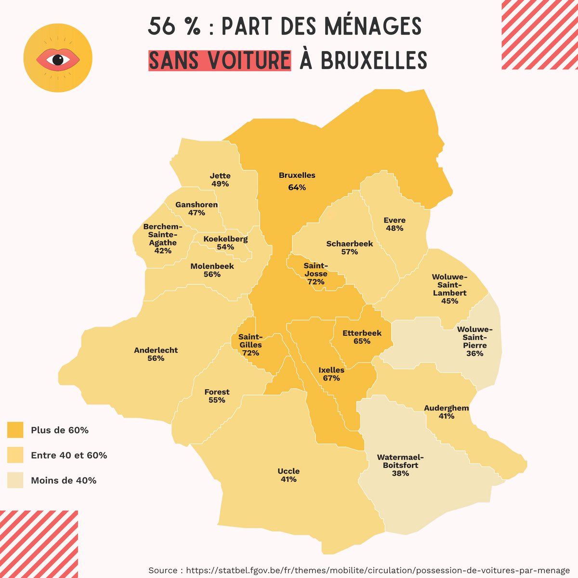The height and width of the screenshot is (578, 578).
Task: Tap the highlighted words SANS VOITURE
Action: click(x=220, y=60)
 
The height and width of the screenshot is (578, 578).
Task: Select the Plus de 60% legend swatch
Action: click(x=15, y=430)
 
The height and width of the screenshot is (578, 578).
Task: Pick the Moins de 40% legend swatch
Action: click(x=15, y=480)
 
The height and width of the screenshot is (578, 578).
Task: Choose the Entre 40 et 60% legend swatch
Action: click(x=15, y=455)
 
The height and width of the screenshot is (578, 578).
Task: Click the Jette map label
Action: click(x=220, y=176)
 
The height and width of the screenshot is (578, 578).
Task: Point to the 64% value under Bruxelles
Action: click(x=297, y=187)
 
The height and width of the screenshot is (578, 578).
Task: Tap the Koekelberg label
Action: click(x=225, y=239)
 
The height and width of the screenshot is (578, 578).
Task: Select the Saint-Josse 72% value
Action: click(x=316, y=282)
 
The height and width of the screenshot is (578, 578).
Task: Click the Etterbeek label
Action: click(x=362, y=333)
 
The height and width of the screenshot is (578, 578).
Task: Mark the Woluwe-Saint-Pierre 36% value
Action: click(x=474, y=353)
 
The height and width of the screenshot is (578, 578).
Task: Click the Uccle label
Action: click(x=289, y=471)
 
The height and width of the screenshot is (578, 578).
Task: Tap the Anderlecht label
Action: click(x=156, y=350)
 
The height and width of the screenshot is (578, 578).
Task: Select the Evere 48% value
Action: click(x=394, y=228)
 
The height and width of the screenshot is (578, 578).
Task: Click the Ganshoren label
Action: click(x=197, y=205)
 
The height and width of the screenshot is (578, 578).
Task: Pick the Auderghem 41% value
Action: click(x=446, y=416)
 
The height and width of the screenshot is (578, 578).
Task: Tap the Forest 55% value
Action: click(x=217, y=400)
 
